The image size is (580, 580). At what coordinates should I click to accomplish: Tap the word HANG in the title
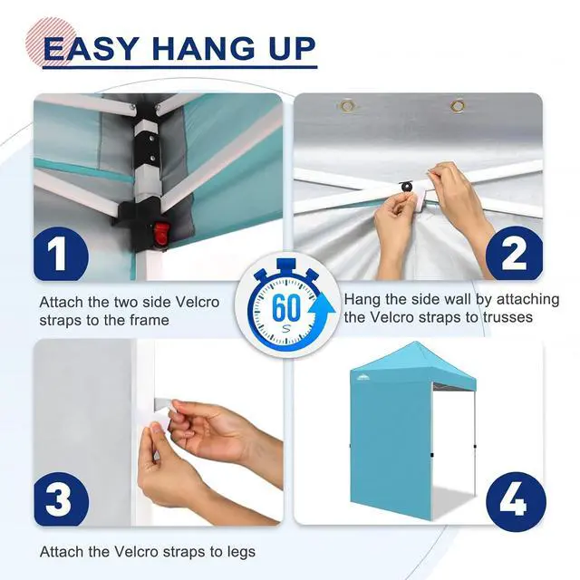[204, 49]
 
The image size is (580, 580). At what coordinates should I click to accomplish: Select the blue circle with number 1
[61, 254]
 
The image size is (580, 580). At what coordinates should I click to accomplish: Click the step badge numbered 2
[514, 254]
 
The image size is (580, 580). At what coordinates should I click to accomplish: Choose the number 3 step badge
[62, 499]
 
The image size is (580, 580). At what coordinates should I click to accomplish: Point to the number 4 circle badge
[516, 501]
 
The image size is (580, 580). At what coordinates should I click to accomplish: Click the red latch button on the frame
[160, 234]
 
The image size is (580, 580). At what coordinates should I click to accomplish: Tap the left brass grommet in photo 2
[347, 106]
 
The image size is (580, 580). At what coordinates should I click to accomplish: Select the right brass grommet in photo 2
[458, 106]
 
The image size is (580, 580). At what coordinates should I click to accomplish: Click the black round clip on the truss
[407, 186]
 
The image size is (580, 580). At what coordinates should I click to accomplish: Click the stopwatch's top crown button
[286, 265]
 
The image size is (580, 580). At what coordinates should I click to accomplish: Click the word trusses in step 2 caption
[507, 317]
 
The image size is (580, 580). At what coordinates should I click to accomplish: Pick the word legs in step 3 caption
[239, 552]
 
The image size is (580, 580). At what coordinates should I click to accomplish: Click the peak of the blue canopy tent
[417, 343]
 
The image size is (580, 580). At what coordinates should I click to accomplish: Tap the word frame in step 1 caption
[150, 320]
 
